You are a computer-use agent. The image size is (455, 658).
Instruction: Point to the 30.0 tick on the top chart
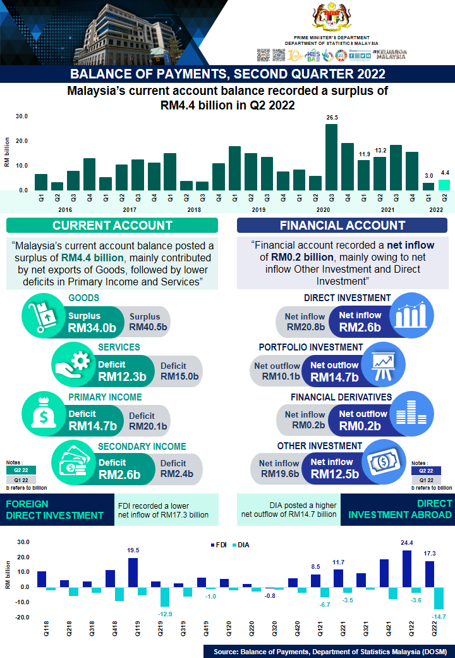[x=22, y=116]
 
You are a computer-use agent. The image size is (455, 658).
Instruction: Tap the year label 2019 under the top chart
[x=258, y=209]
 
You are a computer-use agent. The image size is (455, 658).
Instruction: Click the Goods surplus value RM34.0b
[x=92, y=327]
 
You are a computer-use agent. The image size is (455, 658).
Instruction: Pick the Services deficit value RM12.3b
[x=123, y=376]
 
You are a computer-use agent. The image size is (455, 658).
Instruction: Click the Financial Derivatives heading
[x=341, y=397]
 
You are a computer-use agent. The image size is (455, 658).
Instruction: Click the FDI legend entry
[x=218, y=544]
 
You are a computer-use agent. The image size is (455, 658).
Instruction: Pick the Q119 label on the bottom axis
[x=134, y=635]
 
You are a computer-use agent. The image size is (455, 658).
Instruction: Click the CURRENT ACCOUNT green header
[x=112, y=225]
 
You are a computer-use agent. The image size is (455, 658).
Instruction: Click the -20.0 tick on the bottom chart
[x=22, y=618]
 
